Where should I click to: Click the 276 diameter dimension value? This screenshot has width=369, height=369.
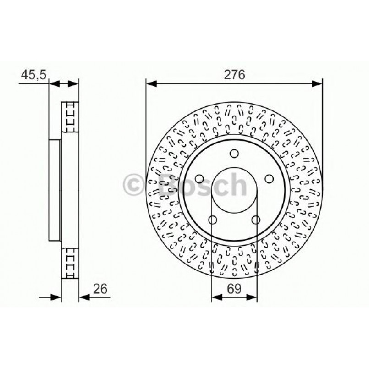point(234,75)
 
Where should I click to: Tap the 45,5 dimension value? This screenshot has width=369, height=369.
point(33,75)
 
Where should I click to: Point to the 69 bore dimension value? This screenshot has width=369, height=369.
point(234,289)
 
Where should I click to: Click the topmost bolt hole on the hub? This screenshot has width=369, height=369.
point(234,154)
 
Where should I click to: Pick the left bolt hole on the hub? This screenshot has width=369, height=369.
point(199,179)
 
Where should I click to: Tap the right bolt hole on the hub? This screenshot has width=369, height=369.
point(269,179)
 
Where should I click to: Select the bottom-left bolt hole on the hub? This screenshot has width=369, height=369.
point(212,220)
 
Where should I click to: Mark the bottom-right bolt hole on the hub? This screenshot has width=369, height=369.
point(256,220)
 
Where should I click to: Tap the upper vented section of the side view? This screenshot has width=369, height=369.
point(70,117)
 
